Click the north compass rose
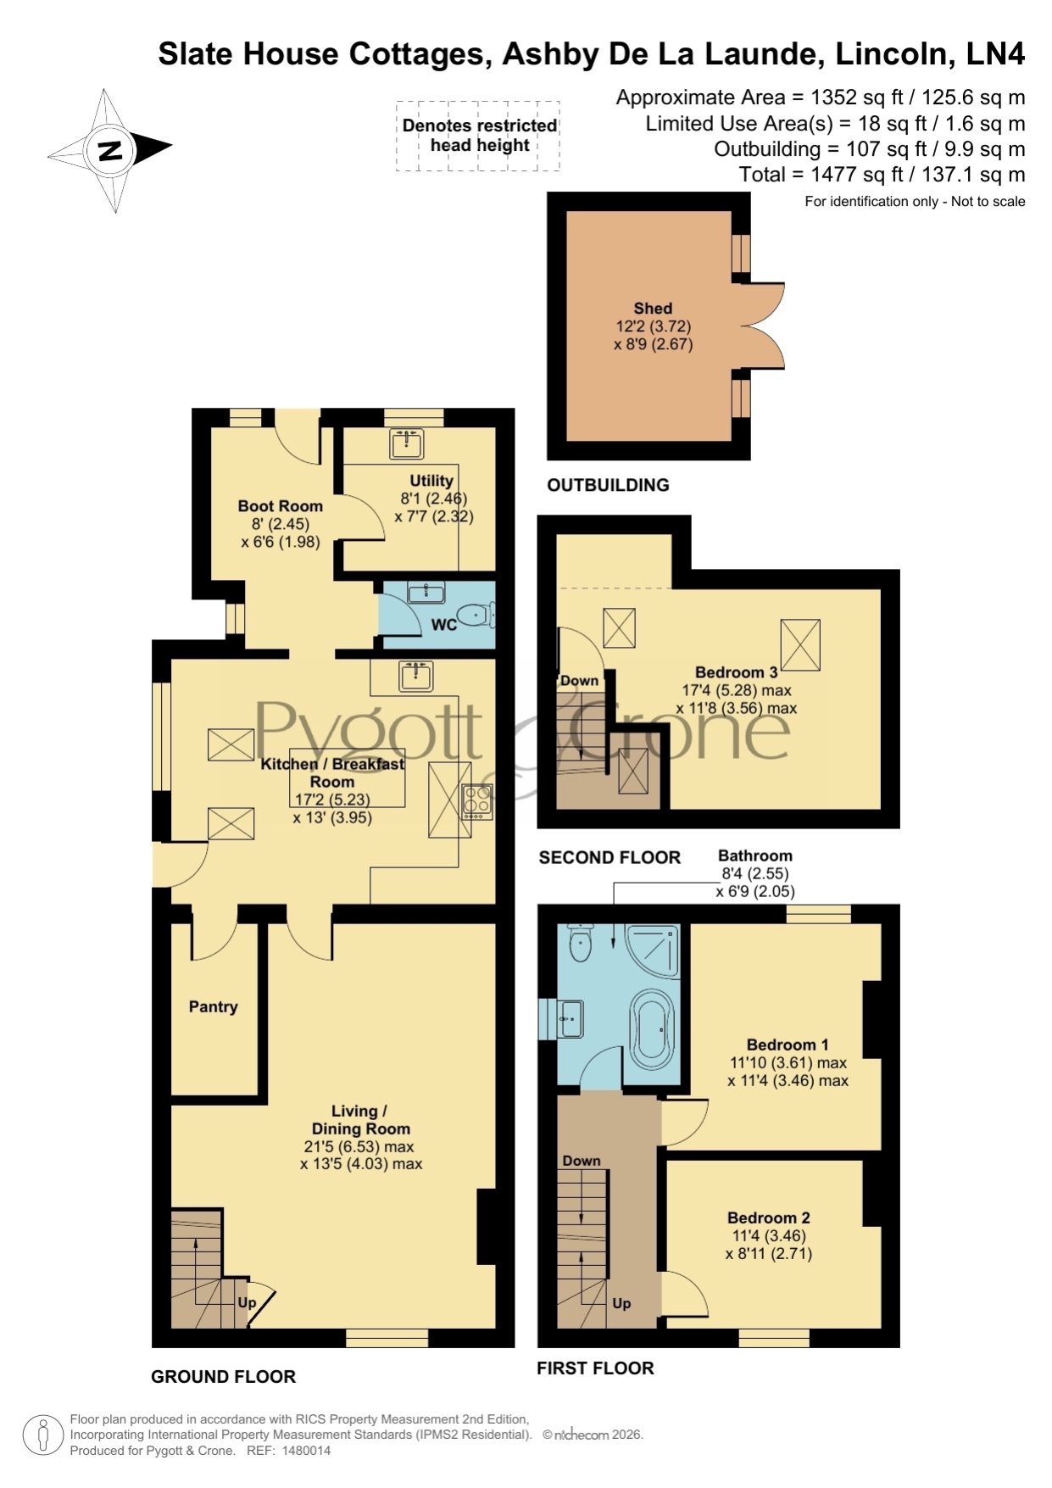(x=110, y=150)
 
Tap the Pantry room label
(x=213, y=1006)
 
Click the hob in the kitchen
(x=476, y=801)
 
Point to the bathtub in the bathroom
(x=651, y=1028)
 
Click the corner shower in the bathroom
(x=653, y=950)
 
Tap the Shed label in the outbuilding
(x=653, y=309)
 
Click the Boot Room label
(x=281, y=506)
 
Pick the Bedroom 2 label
(x=769, y=1218)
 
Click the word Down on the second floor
(x=579, y=680)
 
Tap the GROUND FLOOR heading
(x=224, y=1377)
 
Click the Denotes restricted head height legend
(x=479, y=136)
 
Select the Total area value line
(x=882, y=175)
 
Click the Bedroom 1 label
(x=788, y=1045)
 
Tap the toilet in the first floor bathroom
(x=581, y=943)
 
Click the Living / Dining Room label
(x=361, y=1119)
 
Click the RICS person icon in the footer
(x=42, y=1435)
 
